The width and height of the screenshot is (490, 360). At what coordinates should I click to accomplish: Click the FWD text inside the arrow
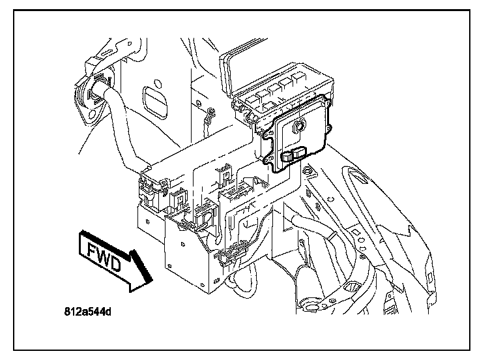[x=104, y=257]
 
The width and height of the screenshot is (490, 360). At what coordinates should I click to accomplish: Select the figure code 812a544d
[x=87, y=312]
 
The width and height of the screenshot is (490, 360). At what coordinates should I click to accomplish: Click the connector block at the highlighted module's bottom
[x=294, y=154]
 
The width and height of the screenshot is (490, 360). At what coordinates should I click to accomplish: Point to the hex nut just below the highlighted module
[x=308, y=170]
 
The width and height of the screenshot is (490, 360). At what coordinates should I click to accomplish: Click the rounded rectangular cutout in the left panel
[x=154, y=102]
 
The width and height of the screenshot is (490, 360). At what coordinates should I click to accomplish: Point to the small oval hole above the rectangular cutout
[x=157, y=83]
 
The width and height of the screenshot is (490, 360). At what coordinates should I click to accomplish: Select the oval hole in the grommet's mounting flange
[x=93, y=115]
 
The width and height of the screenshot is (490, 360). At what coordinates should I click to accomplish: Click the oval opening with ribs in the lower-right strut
[x=353, y=286]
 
